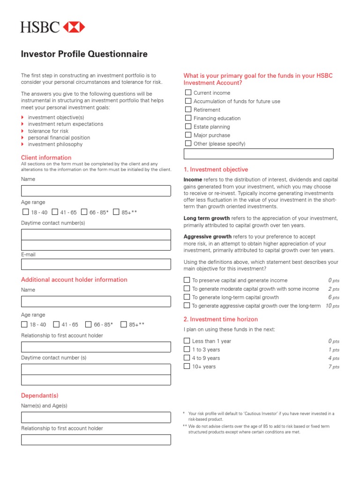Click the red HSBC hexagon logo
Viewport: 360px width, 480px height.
click(74, 27)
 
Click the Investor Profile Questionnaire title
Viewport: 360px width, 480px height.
click(84, 54)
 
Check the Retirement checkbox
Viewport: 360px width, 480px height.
click(188, 110)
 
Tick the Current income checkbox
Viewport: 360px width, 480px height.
click(188, 93)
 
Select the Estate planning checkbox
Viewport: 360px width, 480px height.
click(188, 127)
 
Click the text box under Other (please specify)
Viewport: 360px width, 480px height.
click(258, 154)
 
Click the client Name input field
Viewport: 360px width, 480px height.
click(96, 191)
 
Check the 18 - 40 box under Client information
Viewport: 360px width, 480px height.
click(26, 212)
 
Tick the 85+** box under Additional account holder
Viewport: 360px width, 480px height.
click(124, 324)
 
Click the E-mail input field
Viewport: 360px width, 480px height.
click(96, 264)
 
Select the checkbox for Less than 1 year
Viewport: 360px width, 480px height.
click(187, 341)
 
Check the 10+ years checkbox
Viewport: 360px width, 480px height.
click(187, 366)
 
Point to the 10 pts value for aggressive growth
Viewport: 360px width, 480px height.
click(332, 306)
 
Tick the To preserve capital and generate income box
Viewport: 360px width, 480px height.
click(187, 280)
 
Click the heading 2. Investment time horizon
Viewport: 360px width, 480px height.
click(220, 319)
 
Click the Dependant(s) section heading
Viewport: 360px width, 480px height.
click(40, 396)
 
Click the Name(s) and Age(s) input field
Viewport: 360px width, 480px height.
click(96, 417)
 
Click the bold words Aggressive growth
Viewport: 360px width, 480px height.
click(207, 237)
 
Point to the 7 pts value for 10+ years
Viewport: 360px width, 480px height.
click(333, 367)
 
